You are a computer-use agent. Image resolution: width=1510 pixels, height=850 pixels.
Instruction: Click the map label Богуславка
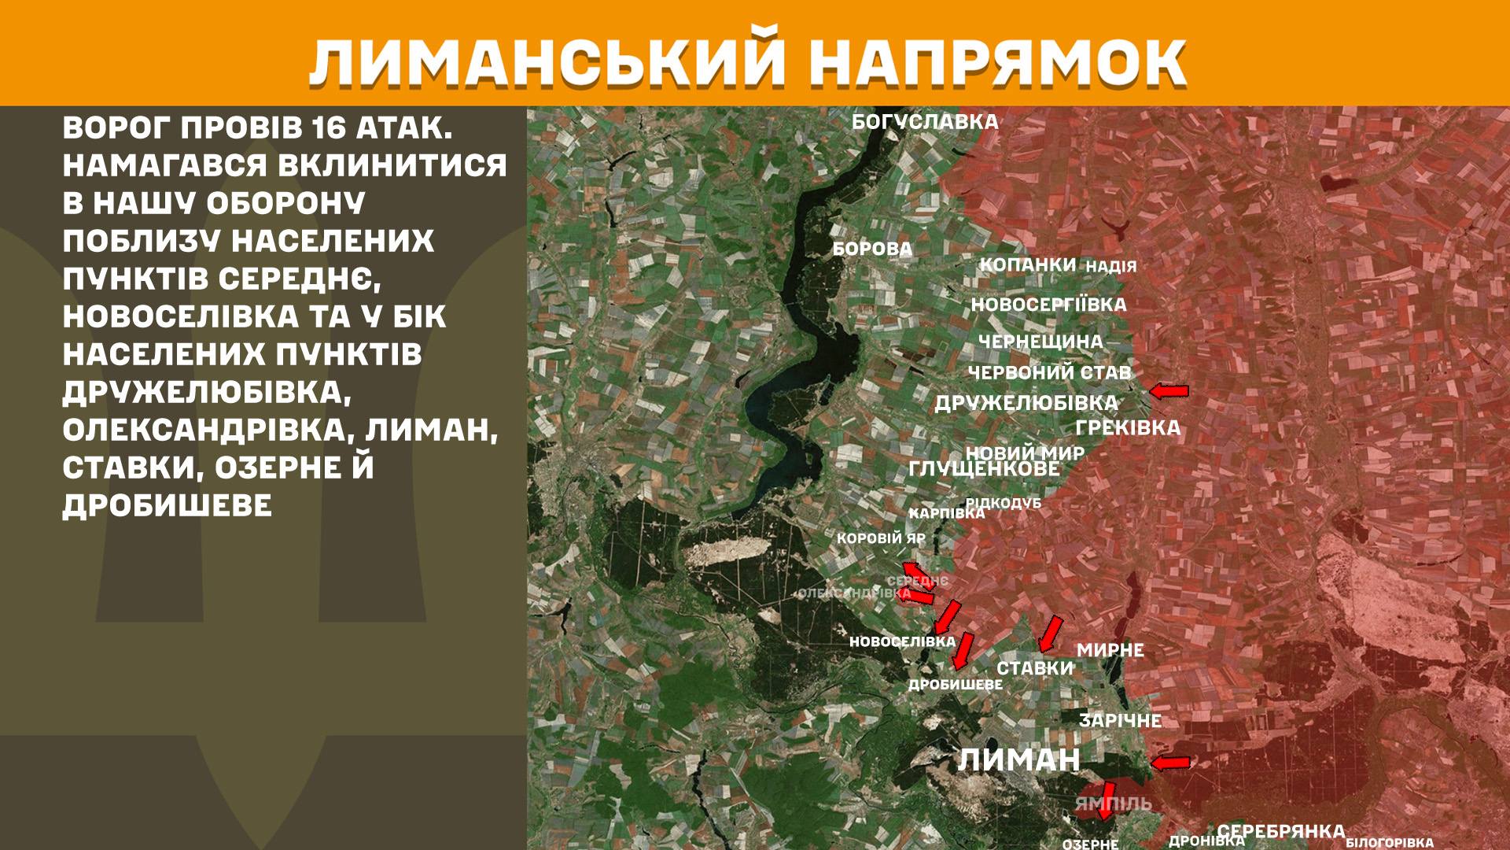(925, 122)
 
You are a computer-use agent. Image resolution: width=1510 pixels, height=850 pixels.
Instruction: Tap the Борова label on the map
(872, 249)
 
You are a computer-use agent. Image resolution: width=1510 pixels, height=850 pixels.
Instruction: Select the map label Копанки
(1027, 265)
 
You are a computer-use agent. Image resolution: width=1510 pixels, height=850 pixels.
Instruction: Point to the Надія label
(1111, 267)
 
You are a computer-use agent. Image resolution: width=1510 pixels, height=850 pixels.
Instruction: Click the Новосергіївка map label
(1048, 305)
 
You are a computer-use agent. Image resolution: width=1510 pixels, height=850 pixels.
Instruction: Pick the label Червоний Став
(1049, 372)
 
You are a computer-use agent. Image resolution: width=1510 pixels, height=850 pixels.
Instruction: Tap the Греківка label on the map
(1128, 428)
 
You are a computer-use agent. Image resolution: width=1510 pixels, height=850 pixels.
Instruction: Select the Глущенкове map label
(984, 469)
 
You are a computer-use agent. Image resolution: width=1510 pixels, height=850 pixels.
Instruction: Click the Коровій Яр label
(881, 539)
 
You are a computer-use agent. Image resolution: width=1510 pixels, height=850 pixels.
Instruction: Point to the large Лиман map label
(1018, 760)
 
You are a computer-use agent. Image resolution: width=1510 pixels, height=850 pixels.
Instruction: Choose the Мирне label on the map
(1110, 651)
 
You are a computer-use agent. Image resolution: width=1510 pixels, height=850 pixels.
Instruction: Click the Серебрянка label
(1281, 831)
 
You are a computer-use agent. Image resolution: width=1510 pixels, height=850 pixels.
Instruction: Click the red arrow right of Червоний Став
(1169, 390)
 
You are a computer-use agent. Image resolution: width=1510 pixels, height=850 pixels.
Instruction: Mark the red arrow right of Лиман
(1169, 762)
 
